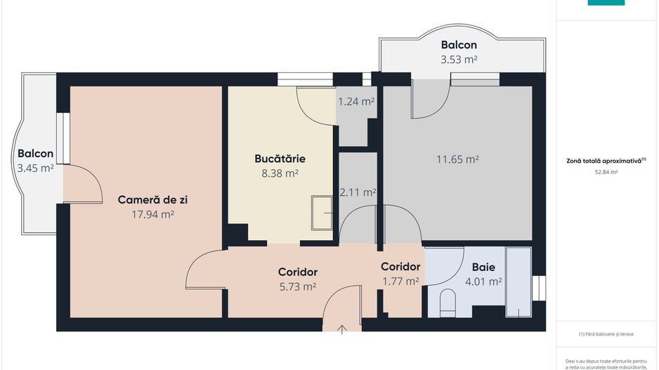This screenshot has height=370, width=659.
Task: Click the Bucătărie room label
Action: tap(280, 158)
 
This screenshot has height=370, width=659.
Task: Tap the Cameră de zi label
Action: tap(152, 200)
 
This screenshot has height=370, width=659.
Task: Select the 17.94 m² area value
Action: tap(152, 215)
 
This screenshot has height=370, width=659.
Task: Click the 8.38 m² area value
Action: tap(280, 173)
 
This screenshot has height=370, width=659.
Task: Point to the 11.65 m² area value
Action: tap(457, 159)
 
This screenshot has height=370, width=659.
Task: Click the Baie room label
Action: tap(483, 267)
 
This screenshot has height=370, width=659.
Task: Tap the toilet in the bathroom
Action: tap(448, 304)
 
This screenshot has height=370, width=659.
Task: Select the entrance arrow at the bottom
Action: tap(342, 329)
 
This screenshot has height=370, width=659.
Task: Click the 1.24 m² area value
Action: tap(356, 102)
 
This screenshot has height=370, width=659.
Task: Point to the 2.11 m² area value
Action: tap(358, 192)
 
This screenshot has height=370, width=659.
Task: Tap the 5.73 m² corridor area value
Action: tap(297, 286)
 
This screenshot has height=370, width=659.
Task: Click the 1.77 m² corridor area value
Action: tap(400, 282)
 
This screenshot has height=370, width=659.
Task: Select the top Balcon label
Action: tap(459, 44)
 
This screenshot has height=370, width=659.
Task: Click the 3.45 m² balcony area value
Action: tap(35, 168)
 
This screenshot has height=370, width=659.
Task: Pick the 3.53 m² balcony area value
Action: tap(459, 60)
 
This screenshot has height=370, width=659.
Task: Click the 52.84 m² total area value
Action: tap(606, 171)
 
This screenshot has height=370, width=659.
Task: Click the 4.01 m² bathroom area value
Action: tap(483, 282)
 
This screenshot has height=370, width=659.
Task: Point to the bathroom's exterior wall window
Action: tap(538, 288)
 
